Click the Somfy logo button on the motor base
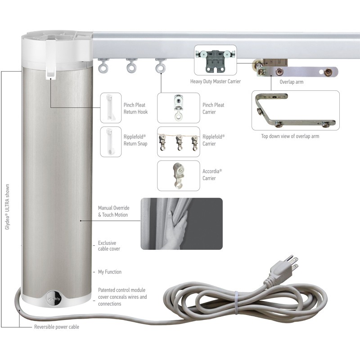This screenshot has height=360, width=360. coord(54,298)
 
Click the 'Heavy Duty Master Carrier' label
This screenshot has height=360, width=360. coord(216,81)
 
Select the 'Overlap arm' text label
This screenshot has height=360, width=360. coord(291,82)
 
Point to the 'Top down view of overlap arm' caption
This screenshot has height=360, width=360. coord(290,136)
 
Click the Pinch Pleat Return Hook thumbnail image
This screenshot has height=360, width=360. coord(111,108)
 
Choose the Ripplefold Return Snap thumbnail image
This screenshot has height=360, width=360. coord(111,142)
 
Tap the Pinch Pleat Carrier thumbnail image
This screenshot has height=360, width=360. coord(178,108)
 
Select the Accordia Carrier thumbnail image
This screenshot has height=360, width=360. coord(178,175)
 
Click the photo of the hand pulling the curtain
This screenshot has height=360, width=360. coord(181,224)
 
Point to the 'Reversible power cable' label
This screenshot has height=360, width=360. coord(57,327)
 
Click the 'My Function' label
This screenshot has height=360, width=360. coord(110,272)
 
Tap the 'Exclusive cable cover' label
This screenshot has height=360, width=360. coord(109,246)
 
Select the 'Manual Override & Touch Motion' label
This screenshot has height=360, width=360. coord(114,211)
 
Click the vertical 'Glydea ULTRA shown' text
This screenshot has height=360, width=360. coord(7,207)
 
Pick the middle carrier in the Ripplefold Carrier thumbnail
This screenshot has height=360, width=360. coord(179,143)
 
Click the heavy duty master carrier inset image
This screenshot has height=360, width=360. coord(215,60)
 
